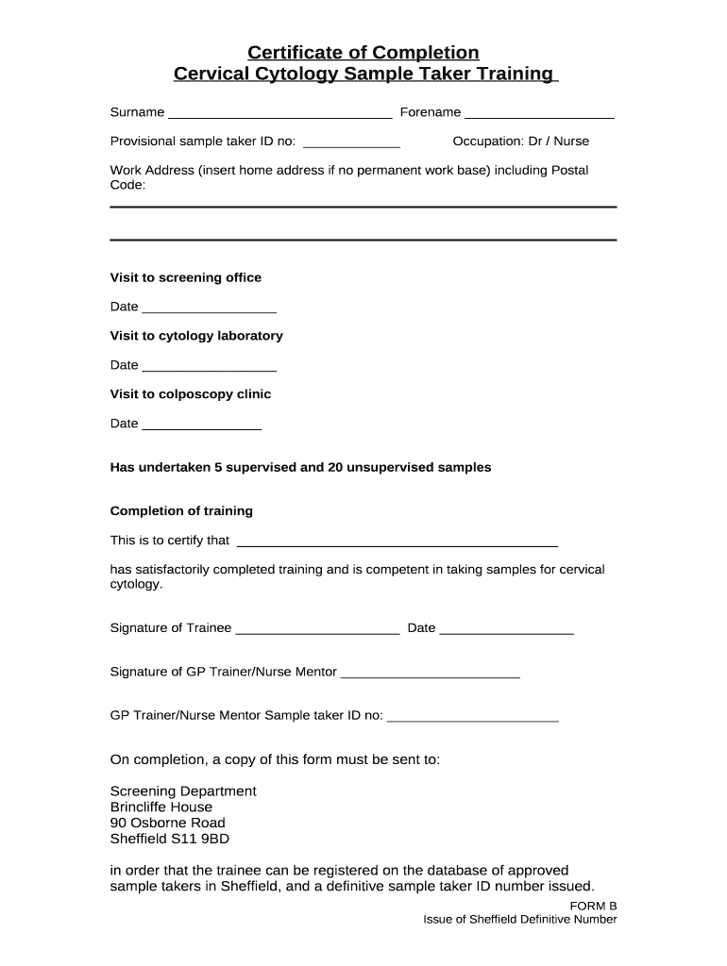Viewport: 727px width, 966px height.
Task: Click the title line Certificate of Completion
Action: pyautogui.click(x=363, y=52)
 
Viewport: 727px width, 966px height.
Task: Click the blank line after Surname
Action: pyautogui.click(x=279, y=114)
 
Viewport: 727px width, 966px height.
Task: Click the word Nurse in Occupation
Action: pyautogui.click(x=571, y=142)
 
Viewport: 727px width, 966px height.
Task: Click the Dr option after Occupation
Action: pyautogui.click(x=534, y=142)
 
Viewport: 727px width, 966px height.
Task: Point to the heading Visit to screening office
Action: pyautogui.click(x=186, y=277)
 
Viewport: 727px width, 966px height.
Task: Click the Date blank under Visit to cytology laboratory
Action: pyautogui.click(x=209, y=367)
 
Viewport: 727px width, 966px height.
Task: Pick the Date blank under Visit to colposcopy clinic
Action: pyautogui.click(x=201, y=425)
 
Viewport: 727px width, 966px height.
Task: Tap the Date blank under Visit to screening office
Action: pyautogui.click(x=209, y=308)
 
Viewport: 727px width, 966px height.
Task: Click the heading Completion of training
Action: pyautogui.click(x=181, y=511)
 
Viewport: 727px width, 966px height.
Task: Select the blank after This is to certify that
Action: pyautogui.click(x=397, y=542)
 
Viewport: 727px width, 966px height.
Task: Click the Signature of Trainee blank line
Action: pyautogui.click(x=317, y=630)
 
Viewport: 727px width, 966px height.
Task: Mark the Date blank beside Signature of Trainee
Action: pyautogui.click(x=506, y=630)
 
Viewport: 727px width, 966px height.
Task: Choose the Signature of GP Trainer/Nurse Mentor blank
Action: pyautogui.click(x=430, y=674)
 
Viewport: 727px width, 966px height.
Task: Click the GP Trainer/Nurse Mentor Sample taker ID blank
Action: pyautogui.click(x=473, y=718)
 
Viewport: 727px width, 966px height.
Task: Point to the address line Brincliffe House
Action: pyautogui.click(x=161, y=808)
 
